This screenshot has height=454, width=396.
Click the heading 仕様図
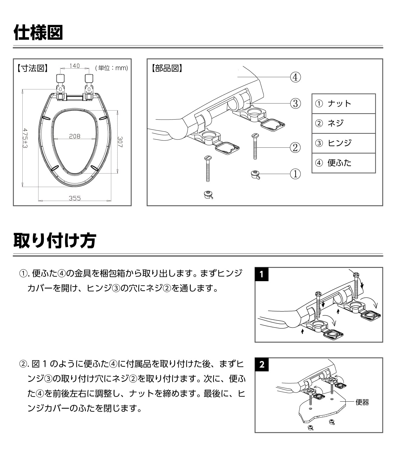click(38, 32)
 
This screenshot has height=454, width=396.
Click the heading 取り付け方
click(55, 241)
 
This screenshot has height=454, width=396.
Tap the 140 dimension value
click(75, 66)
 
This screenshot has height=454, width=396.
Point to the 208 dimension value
click(75, 136)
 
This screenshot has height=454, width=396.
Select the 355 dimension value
click(75, 198)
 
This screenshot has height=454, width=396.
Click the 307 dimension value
click(120, 142)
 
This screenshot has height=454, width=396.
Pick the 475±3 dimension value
click(25, 138)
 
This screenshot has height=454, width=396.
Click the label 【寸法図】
click(33, 68)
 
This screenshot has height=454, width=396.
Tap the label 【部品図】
click(167, 68)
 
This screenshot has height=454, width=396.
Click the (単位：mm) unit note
click(112, 68)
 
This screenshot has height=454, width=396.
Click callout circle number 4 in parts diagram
click(295, 77)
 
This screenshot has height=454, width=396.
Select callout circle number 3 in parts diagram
click(295, 104)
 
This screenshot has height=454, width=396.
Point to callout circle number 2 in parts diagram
click(295, 148)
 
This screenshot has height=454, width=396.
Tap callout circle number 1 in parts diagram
click(295, 174)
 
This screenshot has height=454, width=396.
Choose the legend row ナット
click(344, 104)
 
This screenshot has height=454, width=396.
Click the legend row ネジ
click(344, 123)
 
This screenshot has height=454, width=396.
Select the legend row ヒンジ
click(344, 143)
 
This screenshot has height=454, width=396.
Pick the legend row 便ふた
click(344, 163)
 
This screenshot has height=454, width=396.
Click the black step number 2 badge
click(262, 365)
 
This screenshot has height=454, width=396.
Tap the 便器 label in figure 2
click(362, 402)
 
